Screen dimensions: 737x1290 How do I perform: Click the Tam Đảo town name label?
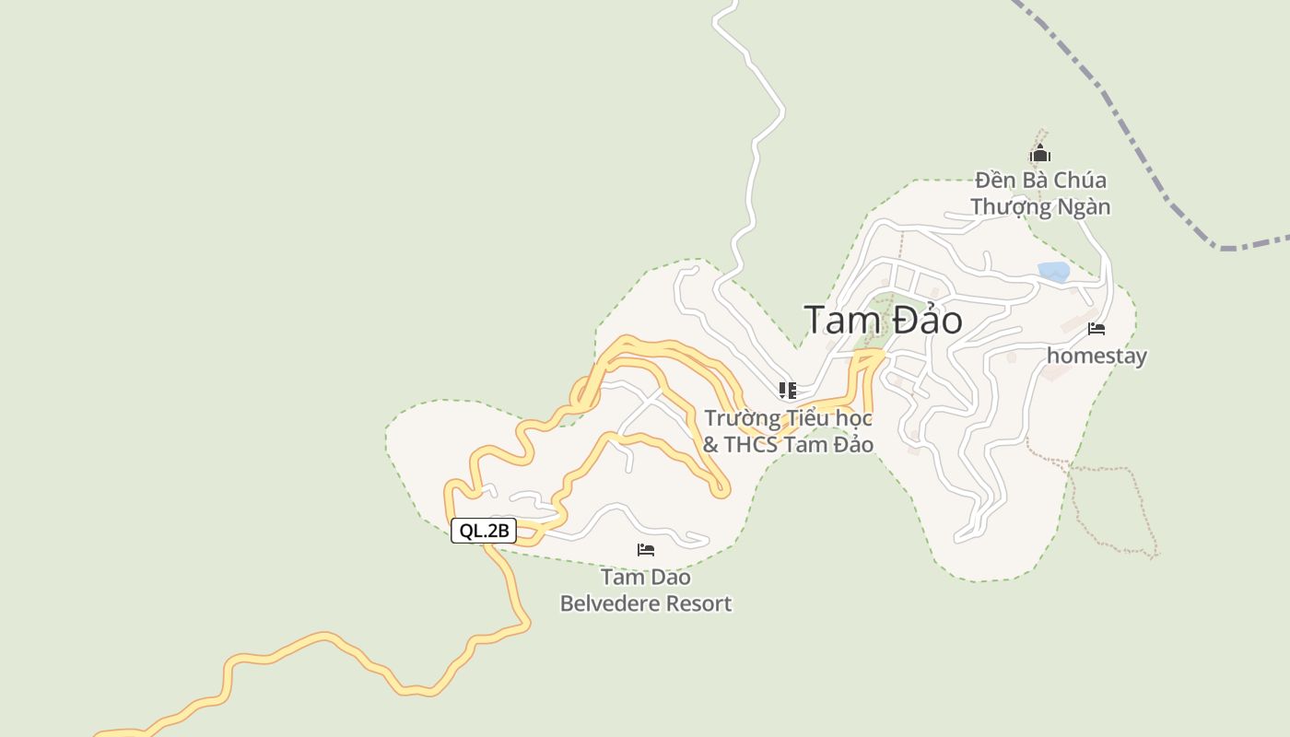(883, 321)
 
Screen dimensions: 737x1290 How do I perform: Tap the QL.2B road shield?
(484, 531)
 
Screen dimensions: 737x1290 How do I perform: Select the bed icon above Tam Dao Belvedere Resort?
(646, 550)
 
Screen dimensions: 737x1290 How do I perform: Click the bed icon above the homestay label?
(1096, 328)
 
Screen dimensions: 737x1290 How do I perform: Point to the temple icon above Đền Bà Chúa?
(1040, 154)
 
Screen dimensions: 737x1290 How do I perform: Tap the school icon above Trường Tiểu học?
(787, 391)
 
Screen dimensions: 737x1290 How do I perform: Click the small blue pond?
(1053, 272)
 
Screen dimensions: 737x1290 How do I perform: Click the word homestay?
(1096, 356)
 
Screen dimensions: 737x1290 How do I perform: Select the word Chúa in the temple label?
(1079, 181)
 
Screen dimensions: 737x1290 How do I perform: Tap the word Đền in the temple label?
(995, 181)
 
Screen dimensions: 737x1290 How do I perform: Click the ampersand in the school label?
(710, 445)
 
